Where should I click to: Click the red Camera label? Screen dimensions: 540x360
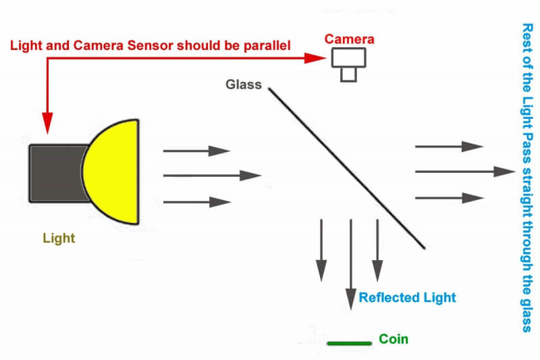(349, 39)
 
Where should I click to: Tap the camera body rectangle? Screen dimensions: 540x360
(348, 57)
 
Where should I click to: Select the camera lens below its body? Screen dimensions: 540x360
(348, 75)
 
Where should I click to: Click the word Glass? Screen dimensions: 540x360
(244, 84)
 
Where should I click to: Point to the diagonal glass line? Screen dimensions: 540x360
(347, 168)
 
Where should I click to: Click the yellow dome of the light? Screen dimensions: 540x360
(111, 172)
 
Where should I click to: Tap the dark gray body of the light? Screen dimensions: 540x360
(58, 174)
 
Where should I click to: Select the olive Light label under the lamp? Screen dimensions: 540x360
(59, 238)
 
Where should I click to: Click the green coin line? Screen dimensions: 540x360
(349, 343)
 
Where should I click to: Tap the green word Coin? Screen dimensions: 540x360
(394, 339)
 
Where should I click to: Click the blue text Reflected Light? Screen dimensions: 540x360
(408, 298)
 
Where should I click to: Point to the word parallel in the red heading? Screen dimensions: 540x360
(267, 46)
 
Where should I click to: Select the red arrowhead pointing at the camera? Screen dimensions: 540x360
(315, 58)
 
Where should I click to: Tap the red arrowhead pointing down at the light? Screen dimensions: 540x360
(47, 123)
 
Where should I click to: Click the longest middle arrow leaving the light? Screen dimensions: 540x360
(212, 176)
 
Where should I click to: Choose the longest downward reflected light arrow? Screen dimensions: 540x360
(350, 265)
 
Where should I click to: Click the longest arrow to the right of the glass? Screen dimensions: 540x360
(465, 171)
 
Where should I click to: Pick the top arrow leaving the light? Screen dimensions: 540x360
(196, 151)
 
